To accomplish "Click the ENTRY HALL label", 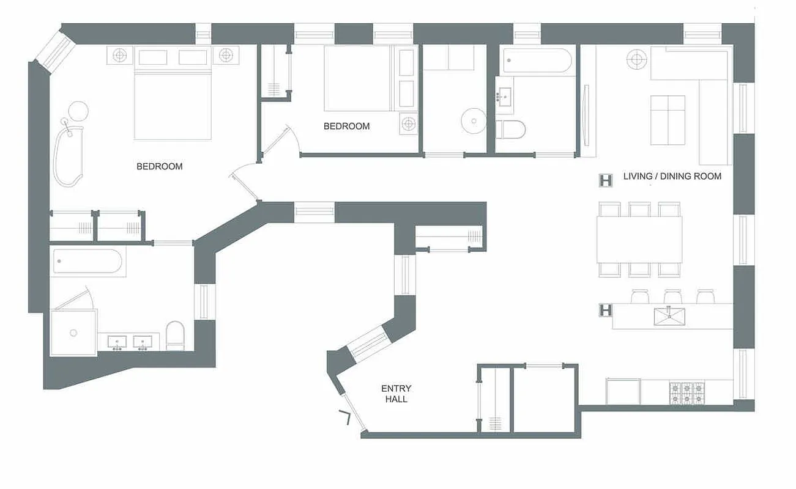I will [396, 394].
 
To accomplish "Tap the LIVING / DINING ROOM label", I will [672, 177].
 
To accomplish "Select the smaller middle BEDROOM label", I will [346, 127].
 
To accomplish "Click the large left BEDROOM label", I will [159, 166].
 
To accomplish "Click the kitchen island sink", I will [671, 316].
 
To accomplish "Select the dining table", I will [639, 239].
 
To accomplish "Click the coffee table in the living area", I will [668, 120].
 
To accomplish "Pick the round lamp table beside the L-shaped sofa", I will [636, 60].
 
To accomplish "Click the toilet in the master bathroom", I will [175, 336].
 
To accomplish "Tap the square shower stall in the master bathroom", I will [73, 333].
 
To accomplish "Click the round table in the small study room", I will [472, 120].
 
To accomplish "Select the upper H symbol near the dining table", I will [606, 180].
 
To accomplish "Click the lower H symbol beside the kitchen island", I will [605, 311].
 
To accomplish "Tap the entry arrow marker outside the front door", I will [346, 417].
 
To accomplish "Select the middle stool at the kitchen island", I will [672, 296].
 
